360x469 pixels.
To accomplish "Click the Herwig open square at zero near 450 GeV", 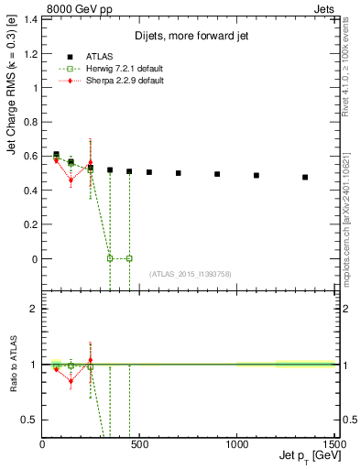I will point(129,258).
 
